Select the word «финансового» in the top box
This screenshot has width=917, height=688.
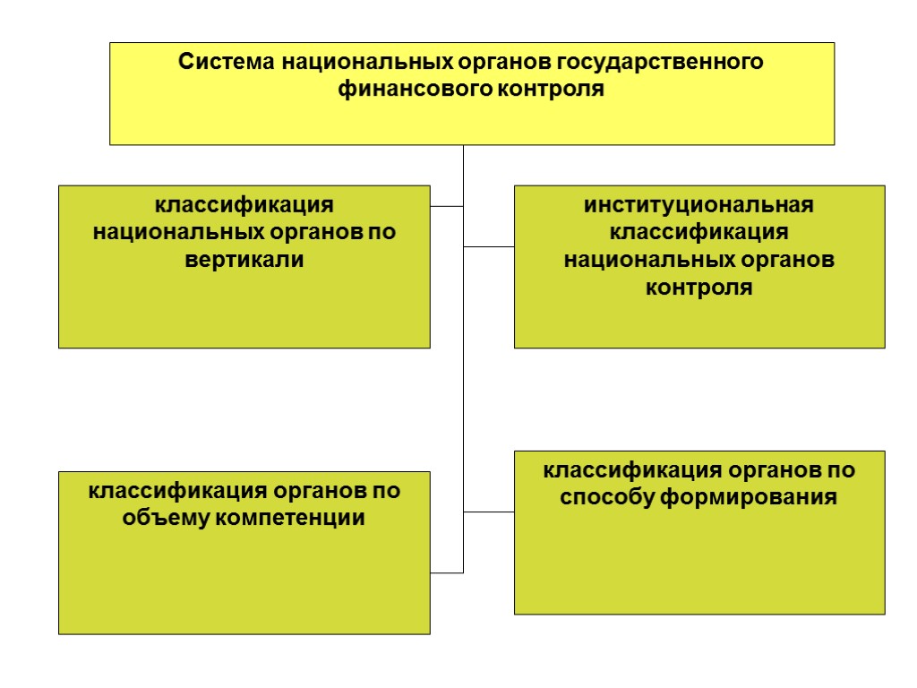pyautogui.click(x=398, y=90)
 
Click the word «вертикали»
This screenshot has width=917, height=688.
pyautogui.click(x=244, y=260)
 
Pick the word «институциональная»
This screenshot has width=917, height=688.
pyautogui.click(x=699, y=204)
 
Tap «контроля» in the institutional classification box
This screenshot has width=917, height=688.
pyautogui.click(x=699, y=288)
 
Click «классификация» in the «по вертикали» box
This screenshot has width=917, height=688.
pyautogui.click(x=244, y=204)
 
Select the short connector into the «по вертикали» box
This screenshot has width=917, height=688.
pyautogui.click(x=447, y=207)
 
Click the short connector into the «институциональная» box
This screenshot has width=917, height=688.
pyautogui.click(x=489, y=246)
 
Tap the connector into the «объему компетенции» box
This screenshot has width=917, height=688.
pyautogui.click(x=447, y=572)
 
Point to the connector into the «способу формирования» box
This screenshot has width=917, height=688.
pyautogui.click(x=489, y=512)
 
